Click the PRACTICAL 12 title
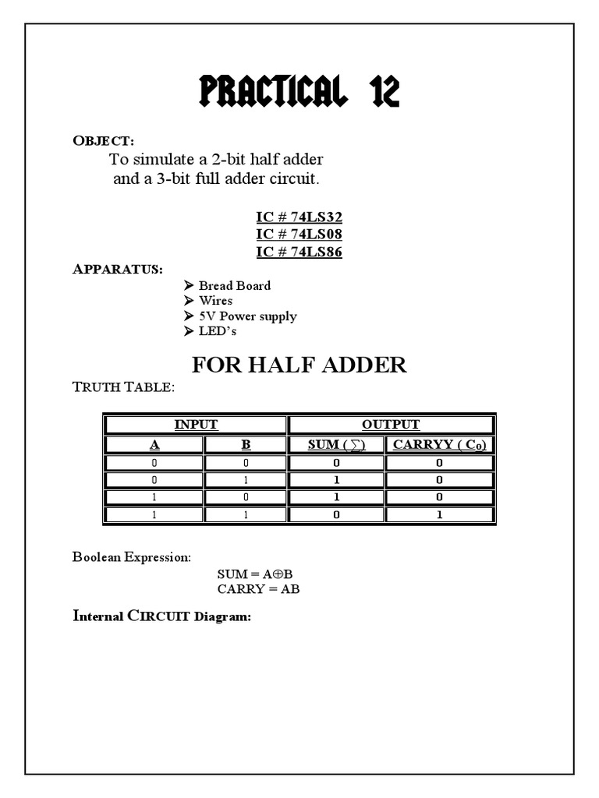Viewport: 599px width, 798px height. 299,93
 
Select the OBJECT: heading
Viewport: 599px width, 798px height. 103,140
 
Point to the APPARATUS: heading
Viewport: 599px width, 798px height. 118,269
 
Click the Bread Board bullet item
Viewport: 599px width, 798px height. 234,285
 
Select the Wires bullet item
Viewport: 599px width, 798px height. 215,300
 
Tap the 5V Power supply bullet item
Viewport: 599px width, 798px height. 247,316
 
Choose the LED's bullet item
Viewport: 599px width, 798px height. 217,331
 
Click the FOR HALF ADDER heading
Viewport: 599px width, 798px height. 299,365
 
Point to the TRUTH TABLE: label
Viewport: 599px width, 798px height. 124,387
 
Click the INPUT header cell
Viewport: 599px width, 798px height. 196,425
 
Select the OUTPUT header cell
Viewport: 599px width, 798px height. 391,425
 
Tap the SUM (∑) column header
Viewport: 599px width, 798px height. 336,444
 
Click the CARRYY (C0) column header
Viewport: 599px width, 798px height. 440,444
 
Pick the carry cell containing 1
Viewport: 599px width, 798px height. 440,514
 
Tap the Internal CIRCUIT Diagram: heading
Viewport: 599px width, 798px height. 161,616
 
